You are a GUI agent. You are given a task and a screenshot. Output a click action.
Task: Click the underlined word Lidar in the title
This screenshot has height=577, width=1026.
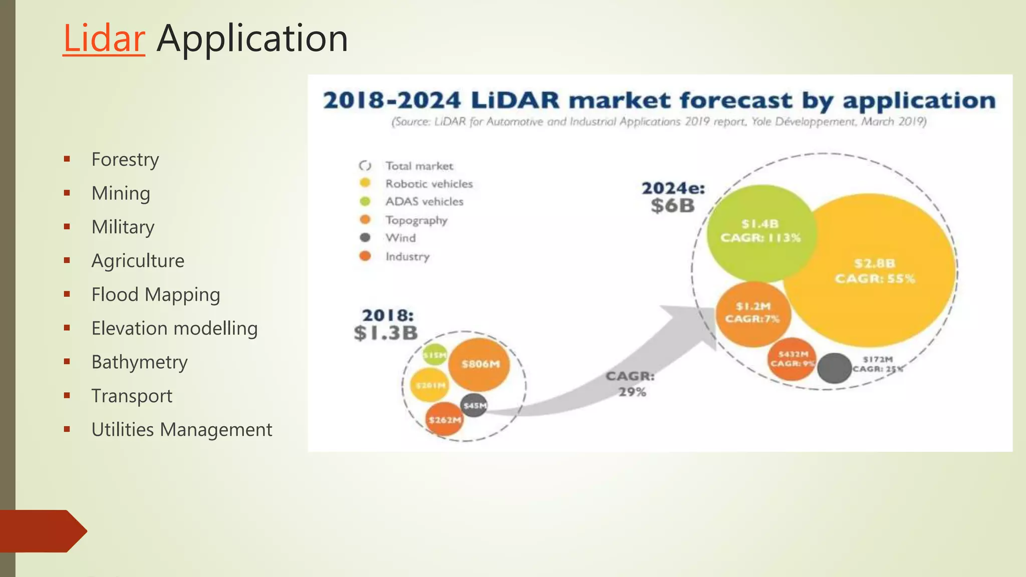104,39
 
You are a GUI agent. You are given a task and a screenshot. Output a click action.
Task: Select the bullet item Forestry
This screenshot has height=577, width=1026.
125,160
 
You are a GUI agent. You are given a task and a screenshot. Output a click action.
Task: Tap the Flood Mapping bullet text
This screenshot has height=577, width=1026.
155,295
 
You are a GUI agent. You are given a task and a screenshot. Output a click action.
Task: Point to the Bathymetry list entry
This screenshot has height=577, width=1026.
139,362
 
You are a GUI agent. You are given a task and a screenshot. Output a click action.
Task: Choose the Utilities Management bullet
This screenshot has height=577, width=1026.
181,430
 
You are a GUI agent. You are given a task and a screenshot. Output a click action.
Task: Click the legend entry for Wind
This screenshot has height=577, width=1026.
400,238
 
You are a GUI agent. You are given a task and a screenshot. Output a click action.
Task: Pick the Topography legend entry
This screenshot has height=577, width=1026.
416,220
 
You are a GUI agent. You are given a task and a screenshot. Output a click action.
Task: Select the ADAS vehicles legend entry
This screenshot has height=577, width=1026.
424,201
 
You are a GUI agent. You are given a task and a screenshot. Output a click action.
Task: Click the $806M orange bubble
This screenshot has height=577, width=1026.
479,364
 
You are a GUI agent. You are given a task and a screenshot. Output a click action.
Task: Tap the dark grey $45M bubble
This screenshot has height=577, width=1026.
474,405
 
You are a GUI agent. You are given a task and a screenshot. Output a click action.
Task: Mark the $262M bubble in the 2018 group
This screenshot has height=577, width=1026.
444,420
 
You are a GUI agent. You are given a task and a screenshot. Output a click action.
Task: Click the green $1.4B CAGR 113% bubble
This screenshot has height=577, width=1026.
760,231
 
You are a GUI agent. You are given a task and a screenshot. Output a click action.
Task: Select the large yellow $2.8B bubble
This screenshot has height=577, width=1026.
874,271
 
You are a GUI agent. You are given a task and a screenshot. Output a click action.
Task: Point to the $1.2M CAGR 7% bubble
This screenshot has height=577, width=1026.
752,313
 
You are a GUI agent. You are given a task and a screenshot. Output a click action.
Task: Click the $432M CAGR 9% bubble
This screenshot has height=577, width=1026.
792,359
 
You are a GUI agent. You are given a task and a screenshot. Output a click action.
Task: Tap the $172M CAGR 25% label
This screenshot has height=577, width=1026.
878,364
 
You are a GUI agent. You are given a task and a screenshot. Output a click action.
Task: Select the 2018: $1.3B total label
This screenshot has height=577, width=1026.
386,325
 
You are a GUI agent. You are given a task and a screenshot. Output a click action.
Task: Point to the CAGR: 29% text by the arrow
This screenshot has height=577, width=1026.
631,384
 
